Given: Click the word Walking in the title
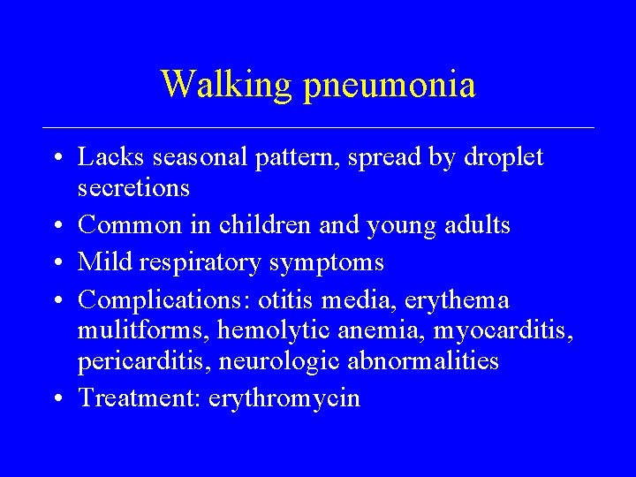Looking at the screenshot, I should (226, 85).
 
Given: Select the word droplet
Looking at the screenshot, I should (501, 159).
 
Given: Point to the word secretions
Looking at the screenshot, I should (133, 188).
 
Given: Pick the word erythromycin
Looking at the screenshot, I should (284, 399).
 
